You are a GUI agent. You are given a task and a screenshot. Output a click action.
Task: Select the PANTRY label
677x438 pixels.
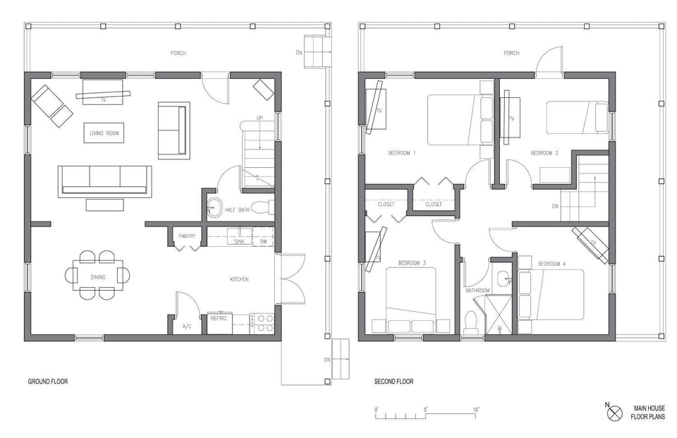coord(187,236)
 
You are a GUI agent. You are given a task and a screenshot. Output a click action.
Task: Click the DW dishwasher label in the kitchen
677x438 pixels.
coord(263,241)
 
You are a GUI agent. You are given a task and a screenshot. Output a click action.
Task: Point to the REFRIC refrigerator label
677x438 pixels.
coord(219,318)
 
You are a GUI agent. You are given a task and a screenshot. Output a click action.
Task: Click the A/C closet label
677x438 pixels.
coord(187,327)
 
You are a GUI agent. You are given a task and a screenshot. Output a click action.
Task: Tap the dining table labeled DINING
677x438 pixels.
coord(97,276)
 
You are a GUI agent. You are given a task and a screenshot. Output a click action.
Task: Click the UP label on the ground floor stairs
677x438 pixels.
coord(260,118)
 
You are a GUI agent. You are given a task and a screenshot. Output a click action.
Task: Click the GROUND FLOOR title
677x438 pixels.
coord(48,382)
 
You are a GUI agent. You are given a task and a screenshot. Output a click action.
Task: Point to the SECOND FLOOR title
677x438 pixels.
coord(394,382)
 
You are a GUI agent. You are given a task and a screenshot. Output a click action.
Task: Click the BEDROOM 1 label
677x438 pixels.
coord(402,153)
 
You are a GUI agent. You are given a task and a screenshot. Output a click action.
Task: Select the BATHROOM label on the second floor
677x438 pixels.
coord(477,290)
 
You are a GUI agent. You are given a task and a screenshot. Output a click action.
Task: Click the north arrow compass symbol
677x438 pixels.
coord(615,412)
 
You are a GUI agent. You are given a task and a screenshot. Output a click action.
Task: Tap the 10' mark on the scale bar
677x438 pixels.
coord(477,410)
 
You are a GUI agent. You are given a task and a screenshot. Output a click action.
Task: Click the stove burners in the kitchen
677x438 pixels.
coord(265,323)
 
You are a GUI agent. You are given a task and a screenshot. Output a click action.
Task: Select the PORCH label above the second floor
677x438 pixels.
coord(511,54)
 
